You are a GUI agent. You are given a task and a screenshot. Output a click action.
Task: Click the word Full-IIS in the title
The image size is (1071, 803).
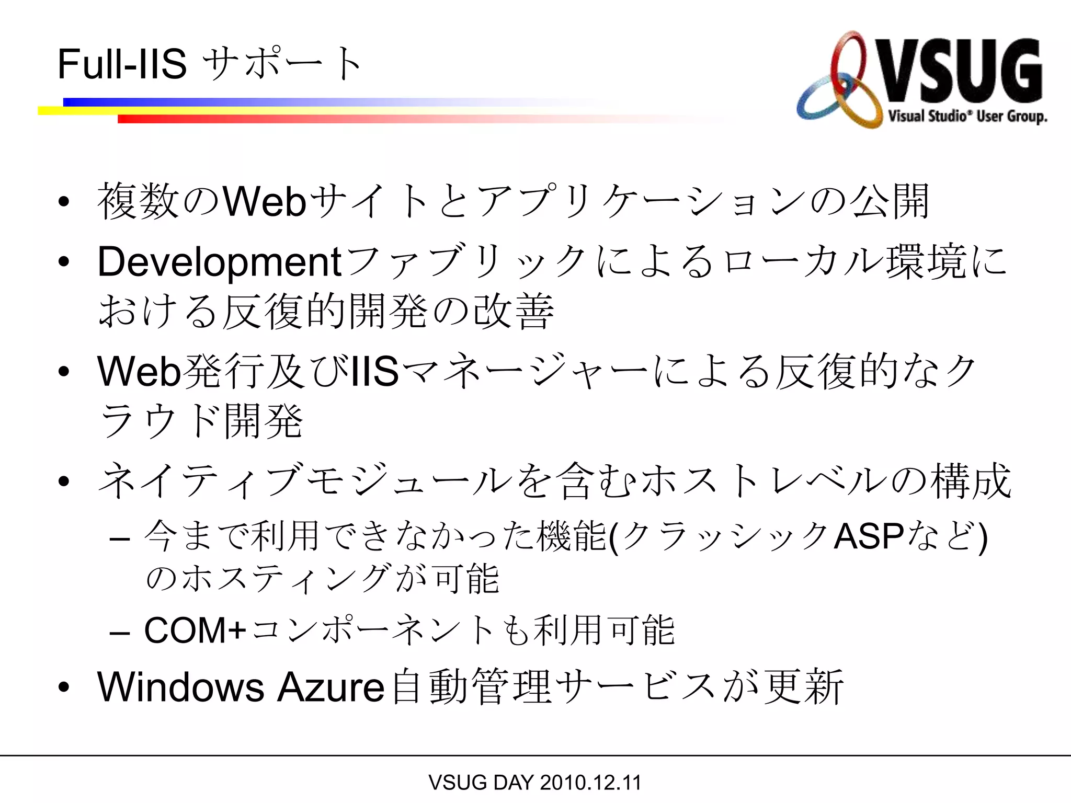122,64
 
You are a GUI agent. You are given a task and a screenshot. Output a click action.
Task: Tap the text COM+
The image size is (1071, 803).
195,630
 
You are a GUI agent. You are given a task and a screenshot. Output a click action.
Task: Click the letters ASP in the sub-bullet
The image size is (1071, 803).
869,536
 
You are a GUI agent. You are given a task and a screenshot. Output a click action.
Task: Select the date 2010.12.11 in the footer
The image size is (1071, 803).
590,783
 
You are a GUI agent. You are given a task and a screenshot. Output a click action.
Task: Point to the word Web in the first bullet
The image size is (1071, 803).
264,202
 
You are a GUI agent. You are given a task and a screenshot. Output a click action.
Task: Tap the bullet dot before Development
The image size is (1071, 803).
64,262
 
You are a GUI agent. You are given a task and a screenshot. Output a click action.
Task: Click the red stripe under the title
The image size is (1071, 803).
366,119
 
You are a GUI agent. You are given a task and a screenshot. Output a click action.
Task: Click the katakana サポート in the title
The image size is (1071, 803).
282,64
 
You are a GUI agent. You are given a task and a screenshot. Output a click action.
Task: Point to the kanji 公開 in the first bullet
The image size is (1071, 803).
888,202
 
